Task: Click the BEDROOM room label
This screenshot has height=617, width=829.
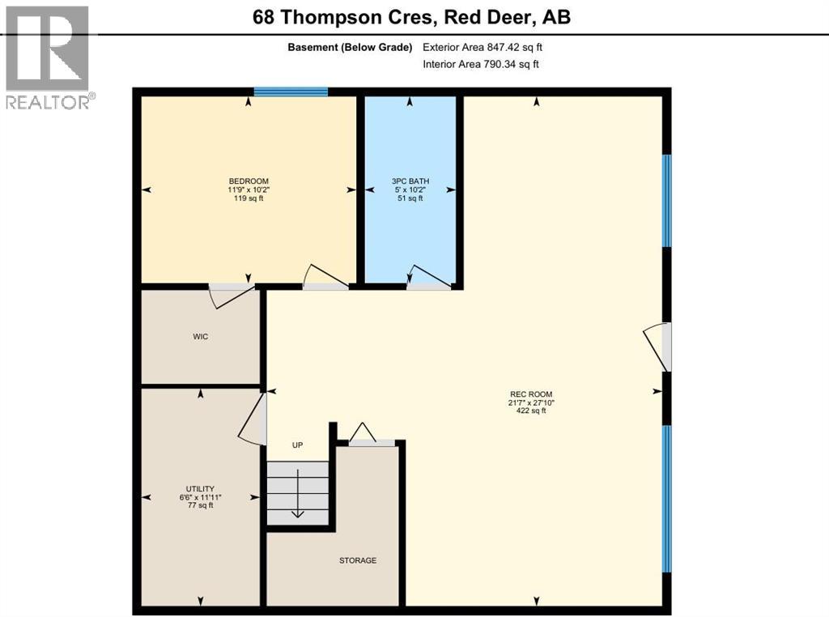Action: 249,181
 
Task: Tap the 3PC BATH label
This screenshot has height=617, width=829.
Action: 410,181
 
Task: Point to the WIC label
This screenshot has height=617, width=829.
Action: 201,336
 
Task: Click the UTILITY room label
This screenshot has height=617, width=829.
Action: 200,488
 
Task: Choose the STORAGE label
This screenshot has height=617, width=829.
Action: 358,560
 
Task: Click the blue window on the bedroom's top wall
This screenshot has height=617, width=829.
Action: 291,91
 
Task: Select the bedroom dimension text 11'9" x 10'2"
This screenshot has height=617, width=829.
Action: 249,189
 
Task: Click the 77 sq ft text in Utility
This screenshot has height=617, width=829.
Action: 200,505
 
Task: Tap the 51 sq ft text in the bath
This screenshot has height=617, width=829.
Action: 410,198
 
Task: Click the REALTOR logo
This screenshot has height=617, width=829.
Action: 48,57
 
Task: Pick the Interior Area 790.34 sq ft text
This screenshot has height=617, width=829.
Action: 481,64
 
